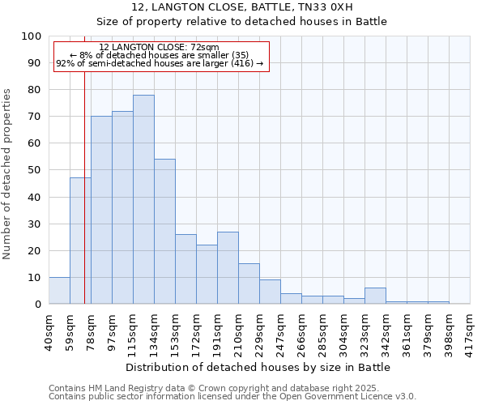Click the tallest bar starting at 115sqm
coord(143,199)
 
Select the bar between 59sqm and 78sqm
coord(80,241)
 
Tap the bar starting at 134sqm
coord(164,231)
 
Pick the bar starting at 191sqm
coord(228,267)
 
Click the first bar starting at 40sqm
coord(59,290)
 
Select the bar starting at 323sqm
coord(375,296)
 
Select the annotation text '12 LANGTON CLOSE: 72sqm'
coord(159,47)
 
